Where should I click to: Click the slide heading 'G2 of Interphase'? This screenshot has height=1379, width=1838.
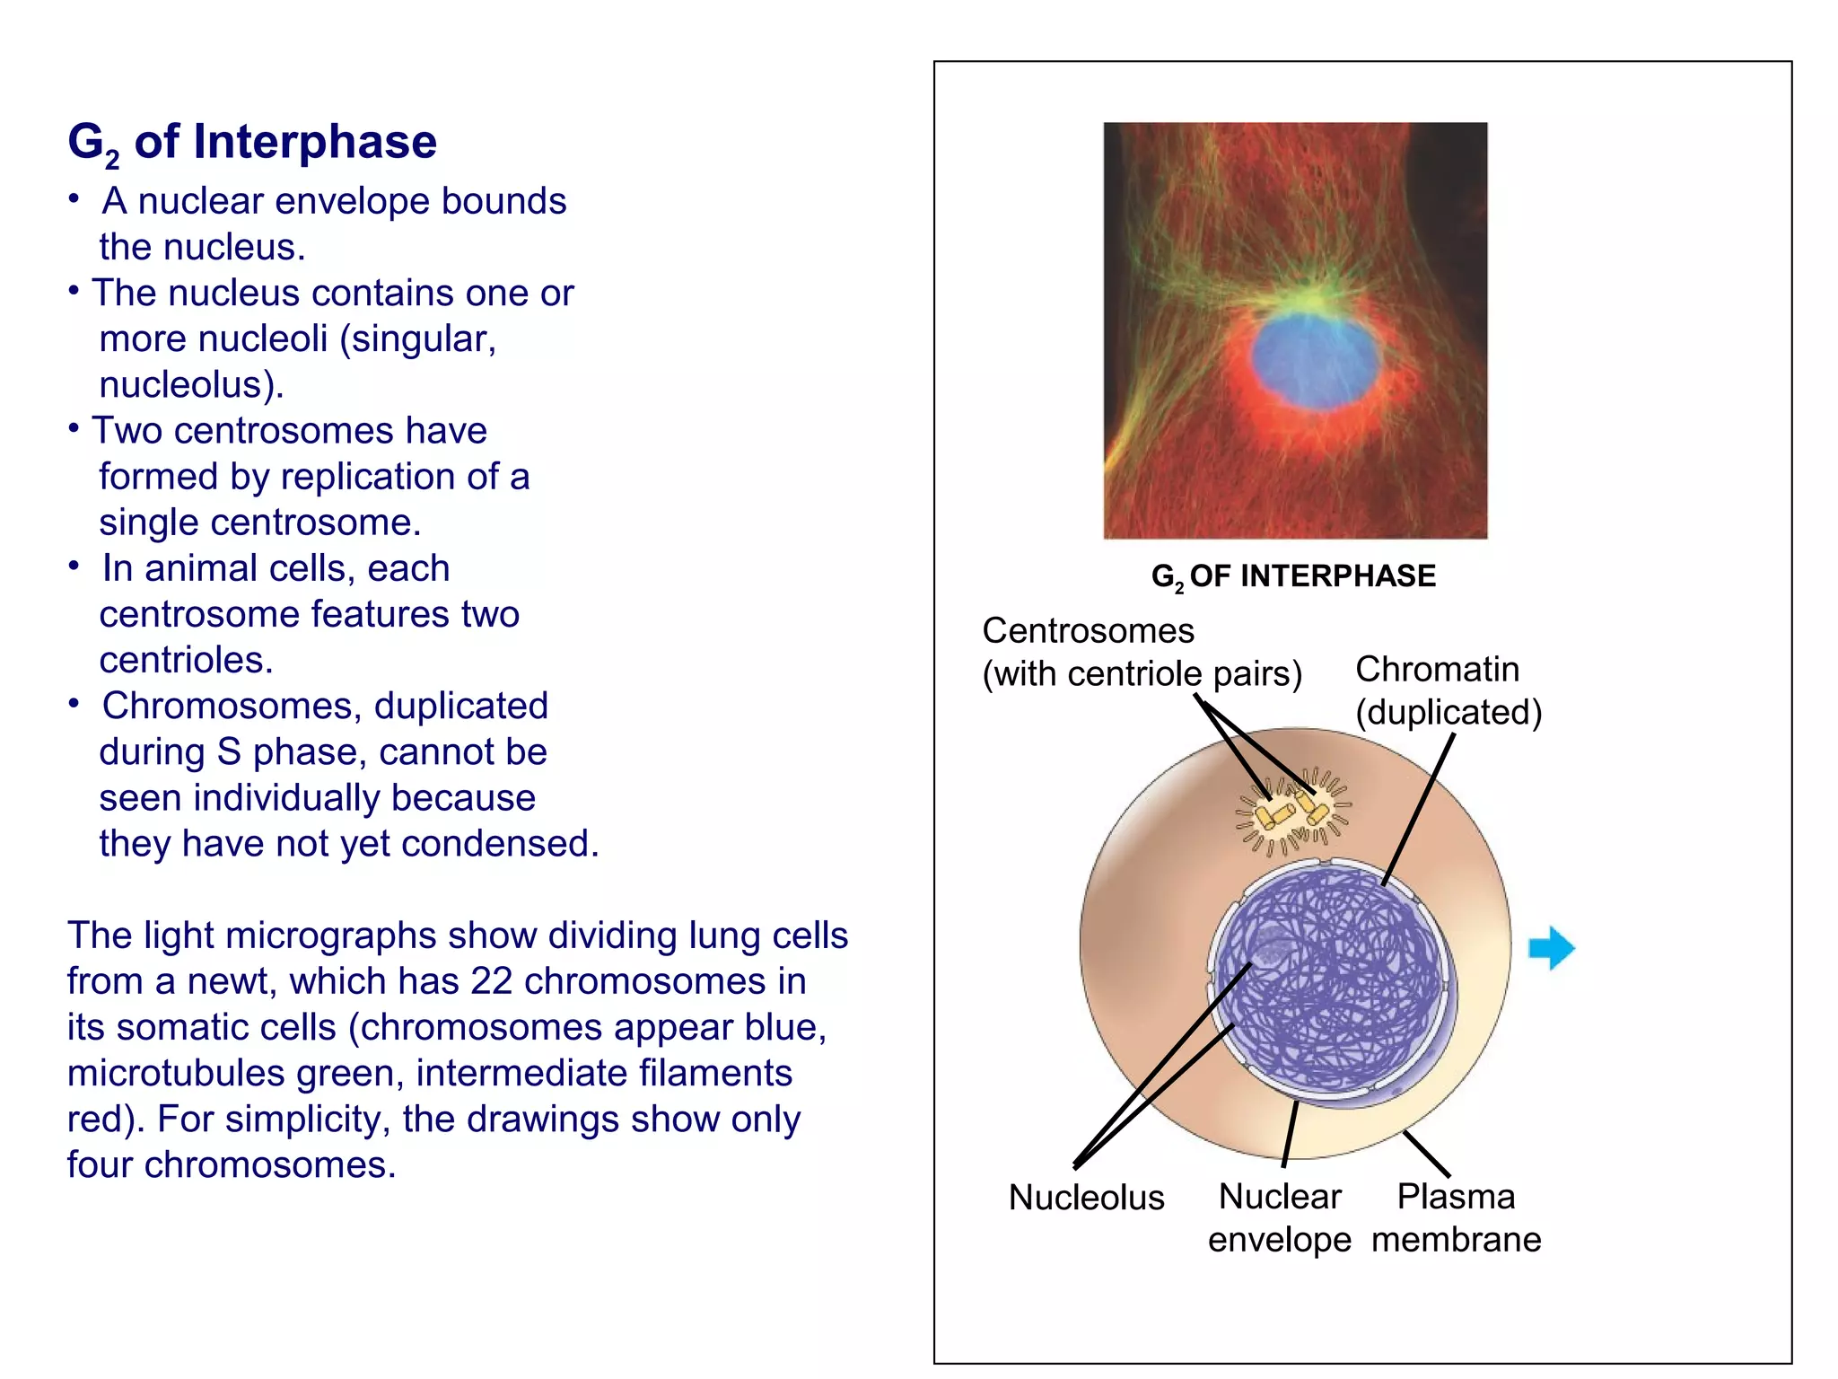tap(252, 142)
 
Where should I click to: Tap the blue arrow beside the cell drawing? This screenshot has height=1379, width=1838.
tap(1551, 948)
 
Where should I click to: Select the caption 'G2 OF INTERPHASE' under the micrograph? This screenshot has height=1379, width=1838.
tap(1293, 576)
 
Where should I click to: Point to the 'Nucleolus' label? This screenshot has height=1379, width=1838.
tap(1086, 1198)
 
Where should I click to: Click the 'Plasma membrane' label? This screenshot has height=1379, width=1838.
tap(1456, 1218)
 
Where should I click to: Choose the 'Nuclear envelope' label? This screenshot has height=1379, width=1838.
tap(1279, 1218)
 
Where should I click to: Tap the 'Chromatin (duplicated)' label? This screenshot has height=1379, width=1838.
tap(1448, 690)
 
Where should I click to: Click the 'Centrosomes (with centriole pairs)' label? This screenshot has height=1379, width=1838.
tap(1141, 653)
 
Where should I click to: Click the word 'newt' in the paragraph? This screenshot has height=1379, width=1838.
tap(237, 981)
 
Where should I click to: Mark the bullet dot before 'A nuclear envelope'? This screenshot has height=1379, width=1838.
tap(75, 198)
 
